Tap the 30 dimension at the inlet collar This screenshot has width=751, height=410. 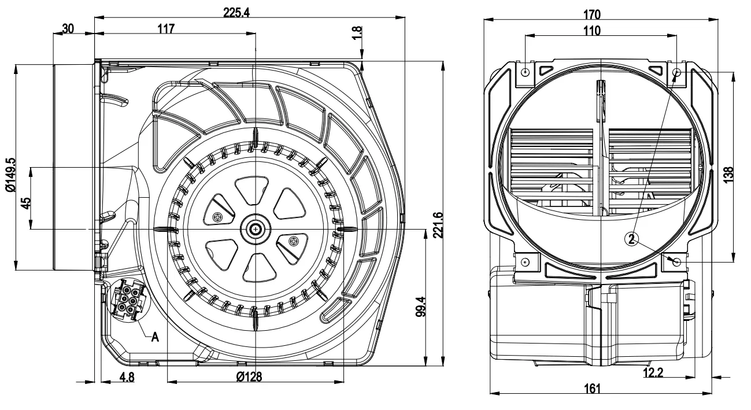tap(68, 28)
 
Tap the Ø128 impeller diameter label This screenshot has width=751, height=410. tap(249, 376)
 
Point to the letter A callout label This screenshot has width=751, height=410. tap(155, 338)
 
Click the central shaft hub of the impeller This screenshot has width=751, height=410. tap(255, 229)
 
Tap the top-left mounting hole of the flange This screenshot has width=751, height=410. tap(525, 73)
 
